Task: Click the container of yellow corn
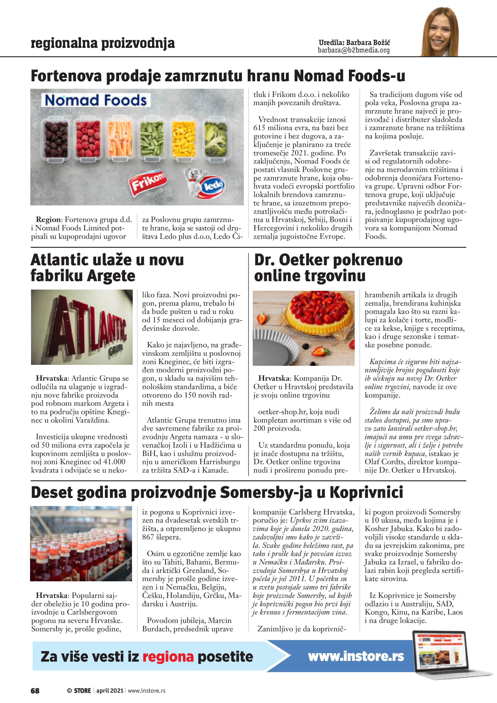pyautogui.click(x=184, y=139)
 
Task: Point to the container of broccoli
pyautogui.click(x=216, y=139)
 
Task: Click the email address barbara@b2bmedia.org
pyautogui.click(x=354, y=50)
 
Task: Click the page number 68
pyautogui.click(x=35, y=690)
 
